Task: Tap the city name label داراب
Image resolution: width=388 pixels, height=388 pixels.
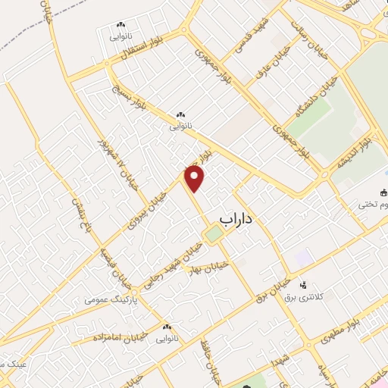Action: pyautogui.click(x=236, y=217)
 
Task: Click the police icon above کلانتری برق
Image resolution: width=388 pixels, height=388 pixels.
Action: pyautogui.click(x=303, y=285)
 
